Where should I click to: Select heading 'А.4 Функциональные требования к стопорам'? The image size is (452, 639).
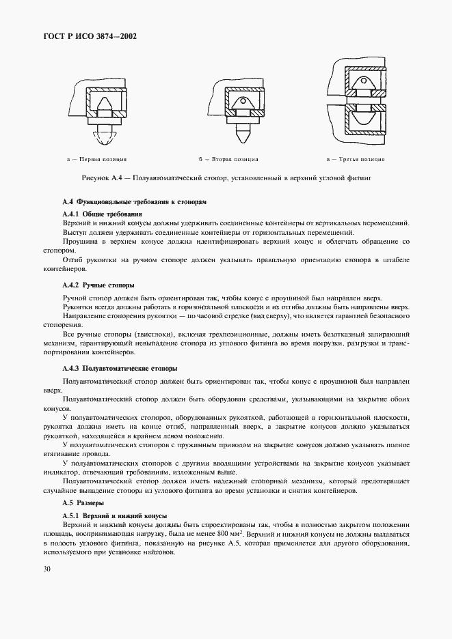pos(133,203)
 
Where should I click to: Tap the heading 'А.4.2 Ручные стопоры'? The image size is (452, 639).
pos(98,284)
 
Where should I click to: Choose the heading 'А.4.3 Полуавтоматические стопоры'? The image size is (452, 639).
pos(120,368)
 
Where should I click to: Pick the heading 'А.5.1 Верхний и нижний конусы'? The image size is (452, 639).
pos(114,515)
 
